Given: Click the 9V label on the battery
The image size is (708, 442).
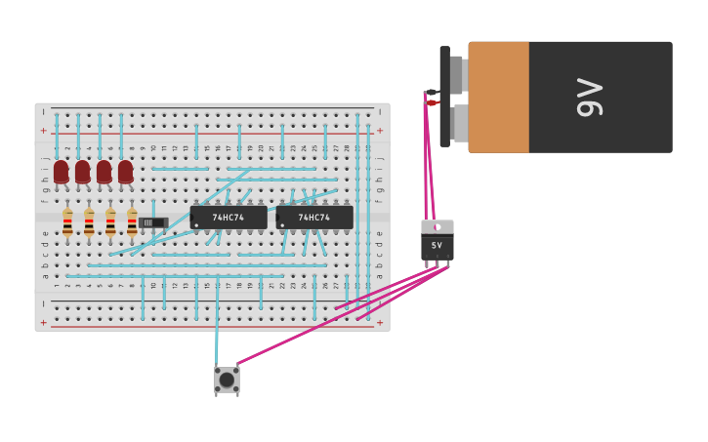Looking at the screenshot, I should click(x=590, y=97).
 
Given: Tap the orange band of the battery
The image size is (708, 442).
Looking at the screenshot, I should click(x=498, y=97).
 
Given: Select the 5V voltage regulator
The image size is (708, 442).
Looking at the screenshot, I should click(x=437, y=242).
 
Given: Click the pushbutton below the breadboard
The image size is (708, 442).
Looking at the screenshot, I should click(x=227, y=380).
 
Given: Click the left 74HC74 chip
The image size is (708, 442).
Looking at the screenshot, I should click(x=229, y=218).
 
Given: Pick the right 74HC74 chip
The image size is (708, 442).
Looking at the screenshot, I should click(x=313, y=218).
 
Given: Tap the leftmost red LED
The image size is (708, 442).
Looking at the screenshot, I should click(x=61, y=172).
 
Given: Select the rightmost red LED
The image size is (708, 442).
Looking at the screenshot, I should click(x=125, y=172).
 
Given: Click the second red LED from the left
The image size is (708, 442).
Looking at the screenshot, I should click(x=82, y=172).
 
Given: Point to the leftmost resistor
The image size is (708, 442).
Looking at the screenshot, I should click(x=67, y=222).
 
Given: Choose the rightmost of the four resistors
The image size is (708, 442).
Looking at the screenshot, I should click(x=132, y=222).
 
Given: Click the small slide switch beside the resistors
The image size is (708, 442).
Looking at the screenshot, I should click(x=151, y=222).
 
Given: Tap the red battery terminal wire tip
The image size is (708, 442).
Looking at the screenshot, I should click(x=432, y=102).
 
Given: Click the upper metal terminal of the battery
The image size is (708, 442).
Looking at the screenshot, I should click(x=457, y=74).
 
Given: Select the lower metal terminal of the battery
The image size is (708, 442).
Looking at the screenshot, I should click(x=459, y=124).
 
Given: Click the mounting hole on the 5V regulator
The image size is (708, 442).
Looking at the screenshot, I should click(x=437, y=226).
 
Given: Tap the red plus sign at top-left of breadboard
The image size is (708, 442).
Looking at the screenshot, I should click(x=43, y=130).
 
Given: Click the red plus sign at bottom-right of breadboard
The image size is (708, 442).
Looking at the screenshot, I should click(x=380, y=322).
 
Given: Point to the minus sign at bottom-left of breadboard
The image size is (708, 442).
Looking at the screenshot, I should click(x=43, y=304).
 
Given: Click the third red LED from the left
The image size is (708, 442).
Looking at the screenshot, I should click(x=104, y=172).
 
